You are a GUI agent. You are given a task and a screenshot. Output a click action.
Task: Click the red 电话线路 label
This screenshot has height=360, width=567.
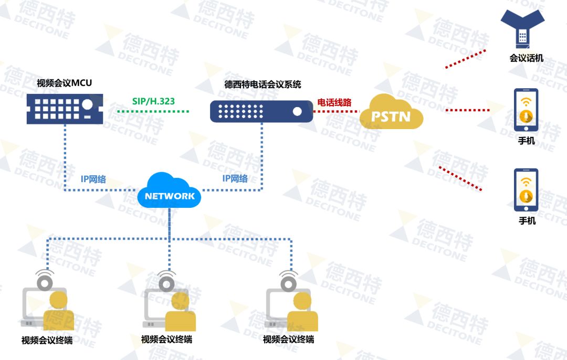334,102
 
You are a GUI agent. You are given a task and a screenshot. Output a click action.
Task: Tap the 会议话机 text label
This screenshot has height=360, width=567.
526,58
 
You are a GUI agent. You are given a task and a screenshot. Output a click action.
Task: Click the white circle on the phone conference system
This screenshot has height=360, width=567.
297,111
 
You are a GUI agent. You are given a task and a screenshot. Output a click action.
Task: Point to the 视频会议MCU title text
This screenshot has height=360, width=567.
64,83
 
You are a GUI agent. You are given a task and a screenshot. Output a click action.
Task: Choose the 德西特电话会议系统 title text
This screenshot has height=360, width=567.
262,84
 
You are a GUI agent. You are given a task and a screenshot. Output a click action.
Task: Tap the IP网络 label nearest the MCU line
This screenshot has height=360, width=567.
93,179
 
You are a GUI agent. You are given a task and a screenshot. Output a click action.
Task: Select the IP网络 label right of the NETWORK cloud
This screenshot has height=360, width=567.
235,179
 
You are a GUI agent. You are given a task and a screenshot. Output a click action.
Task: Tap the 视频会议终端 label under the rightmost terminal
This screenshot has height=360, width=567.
288,340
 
